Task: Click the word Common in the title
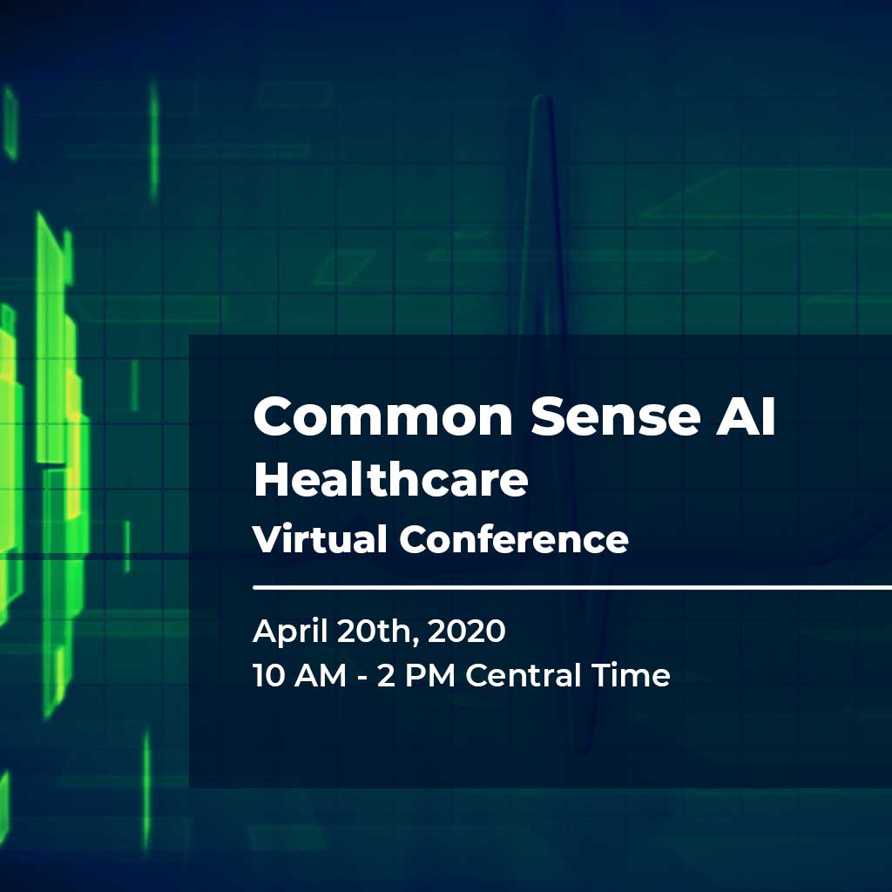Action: (383, 416)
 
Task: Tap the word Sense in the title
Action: (615, 416)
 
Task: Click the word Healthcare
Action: (391, 479)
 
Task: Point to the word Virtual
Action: (320, 538)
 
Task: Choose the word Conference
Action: (514, 538)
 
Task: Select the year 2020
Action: (466, 632)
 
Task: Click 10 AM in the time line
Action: (300, 676)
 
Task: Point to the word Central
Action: (524, 676)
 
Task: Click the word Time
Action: (631, 675)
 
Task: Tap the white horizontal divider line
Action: (572, 587)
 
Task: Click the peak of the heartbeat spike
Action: (541, 98)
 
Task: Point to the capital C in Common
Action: (273, 416)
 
